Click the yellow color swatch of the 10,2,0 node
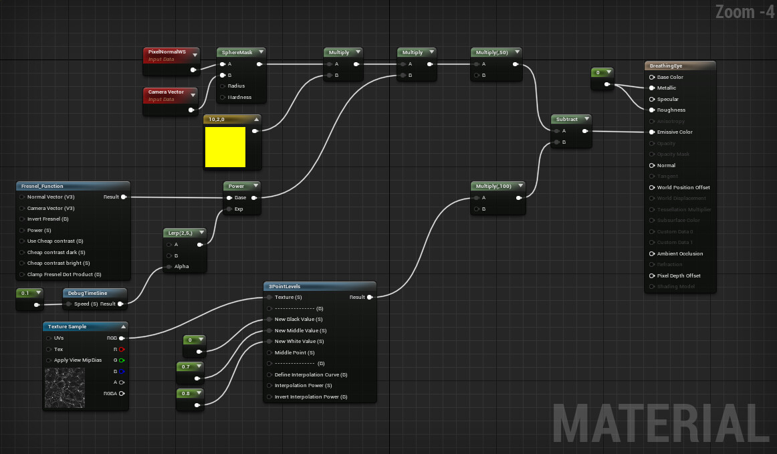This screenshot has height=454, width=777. coord(225,147)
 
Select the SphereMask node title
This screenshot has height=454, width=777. coord(236,52)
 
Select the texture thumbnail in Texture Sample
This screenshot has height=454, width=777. coord(64,388)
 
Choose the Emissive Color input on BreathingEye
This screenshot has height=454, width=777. coord(675,132)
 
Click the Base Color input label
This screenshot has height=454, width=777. coord(670,77)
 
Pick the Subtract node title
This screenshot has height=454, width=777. coord(567,119)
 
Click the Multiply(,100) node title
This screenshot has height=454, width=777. coord(493,186)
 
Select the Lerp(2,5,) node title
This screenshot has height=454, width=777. coord(180,233)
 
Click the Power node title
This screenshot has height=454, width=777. coord(236,186)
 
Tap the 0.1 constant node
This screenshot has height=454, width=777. coord(26,293)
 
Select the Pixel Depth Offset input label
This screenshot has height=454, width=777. coord(679,275)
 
